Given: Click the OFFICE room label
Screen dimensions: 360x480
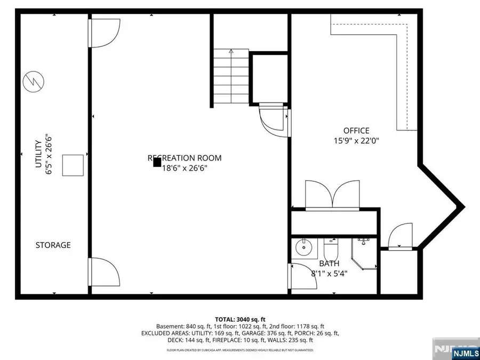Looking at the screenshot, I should point(356,131).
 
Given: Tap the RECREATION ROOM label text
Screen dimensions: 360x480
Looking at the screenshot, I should point(185,158).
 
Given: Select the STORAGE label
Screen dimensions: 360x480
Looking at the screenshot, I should point(53,245).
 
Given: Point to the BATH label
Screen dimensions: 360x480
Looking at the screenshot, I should point(329,263).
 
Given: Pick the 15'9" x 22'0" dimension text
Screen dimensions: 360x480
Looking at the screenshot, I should point(356,141).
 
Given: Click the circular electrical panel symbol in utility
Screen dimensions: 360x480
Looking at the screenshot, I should point(34,82).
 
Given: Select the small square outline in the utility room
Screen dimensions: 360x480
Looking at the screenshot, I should point(73,165).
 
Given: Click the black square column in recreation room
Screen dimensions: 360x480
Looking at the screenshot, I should point(157,162).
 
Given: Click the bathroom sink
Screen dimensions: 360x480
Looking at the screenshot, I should point(305,247).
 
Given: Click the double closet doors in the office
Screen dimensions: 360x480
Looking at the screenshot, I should point(332,194).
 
